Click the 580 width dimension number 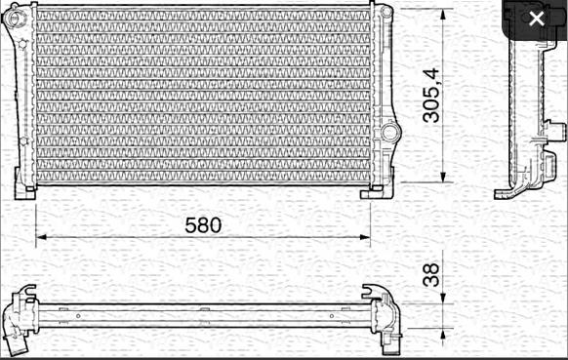pos(203,225)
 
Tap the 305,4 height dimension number pos(431,96)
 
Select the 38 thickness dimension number pos(431,275)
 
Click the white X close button pos(537,19)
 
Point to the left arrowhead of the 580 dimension pos(41,237)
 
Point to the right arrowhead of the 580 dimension pos(365,237)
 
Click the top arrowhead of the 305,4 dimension pos(443,15)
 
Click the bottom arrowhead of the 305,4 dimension pos(443,177)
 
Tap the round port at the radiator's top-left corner pos(15,19)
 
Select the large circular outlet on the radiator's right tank pos(389,132)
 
